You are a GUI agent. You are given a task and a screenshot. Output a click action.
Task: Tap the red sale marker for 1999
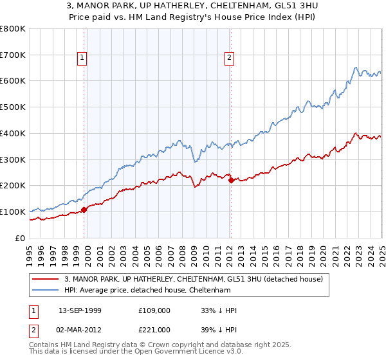pos(84,210)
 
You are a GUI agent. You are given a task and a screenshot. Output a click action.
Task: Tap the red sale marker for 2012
pos(231,180)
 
